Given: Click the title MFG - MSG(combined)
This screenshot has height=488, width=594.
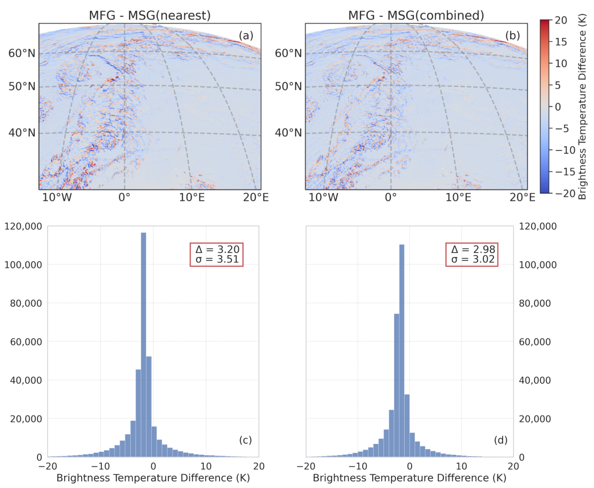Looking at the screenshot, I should click(416, 15).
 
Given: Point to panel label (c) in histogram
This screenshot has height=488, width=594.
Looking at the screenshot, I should click(245, 440).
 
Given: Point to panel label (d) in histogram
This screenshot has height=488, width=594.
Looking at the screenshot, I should click(500, 440).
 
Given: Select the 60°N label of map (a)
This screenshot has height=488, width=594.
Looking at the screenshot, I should click(22, 53).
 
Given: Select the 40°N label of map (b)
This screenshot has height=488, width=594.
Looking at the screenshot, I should click(288, 133).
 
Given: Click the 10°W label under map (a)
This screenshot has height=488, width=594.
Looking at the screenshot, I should click(57, 197).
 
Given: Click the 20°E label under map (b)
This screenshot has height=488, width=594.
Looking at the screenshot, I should click(522, 197).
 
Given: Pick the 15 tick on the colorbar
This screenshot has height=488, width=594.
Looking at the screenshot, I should click(561, 42).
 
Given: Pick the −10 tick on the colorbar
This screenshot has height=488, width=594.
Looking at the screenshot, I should click(565, 150).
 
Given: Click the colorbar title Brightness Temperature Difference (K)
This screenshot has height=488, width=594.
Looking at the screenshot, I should click(582, 107).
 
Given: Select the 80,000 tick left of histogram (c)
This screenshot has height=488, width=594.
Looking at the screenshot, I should click(26, 303).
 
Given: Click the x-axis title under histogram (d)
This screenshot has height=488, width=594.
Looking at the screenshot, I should click(409, 478).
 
